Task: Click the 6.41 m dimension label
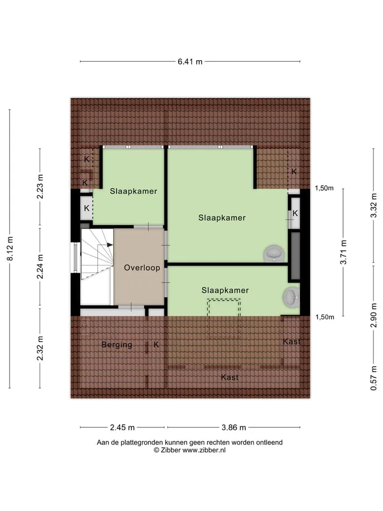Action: click(190, 61)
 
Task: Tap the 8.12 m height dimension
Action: click(10, 249)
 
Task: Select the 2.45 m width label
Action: click(122, 427)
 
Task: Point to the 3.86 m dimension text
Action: click(234, 427)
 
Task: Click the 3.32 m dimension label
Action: click(373, 205)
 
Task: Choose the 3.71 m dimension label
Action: click(343, 252)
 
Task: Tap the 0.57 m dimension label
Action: click(373, 378)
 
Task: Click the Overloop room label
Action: click(142, 268)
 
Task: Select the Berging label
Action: click(116, 345)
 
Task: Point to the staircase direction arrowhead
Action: click(110, 245)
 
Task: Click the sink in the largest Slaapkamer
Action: click(274, 253)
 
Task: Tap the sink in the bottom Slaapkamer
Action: click(291, 297)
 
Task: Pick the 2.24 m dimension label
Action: click(40, 267)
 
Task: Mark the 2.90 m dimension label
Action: click(373, 315)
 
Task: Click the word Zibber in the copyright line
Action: click(170, 450)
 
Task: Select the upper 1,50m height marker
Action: click(324, 188)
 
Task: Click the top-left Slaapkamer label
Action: click(134, 191)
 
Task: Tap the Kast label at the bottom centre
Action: click(230, 377)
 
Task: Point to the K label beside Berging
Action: click(156, 344)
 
